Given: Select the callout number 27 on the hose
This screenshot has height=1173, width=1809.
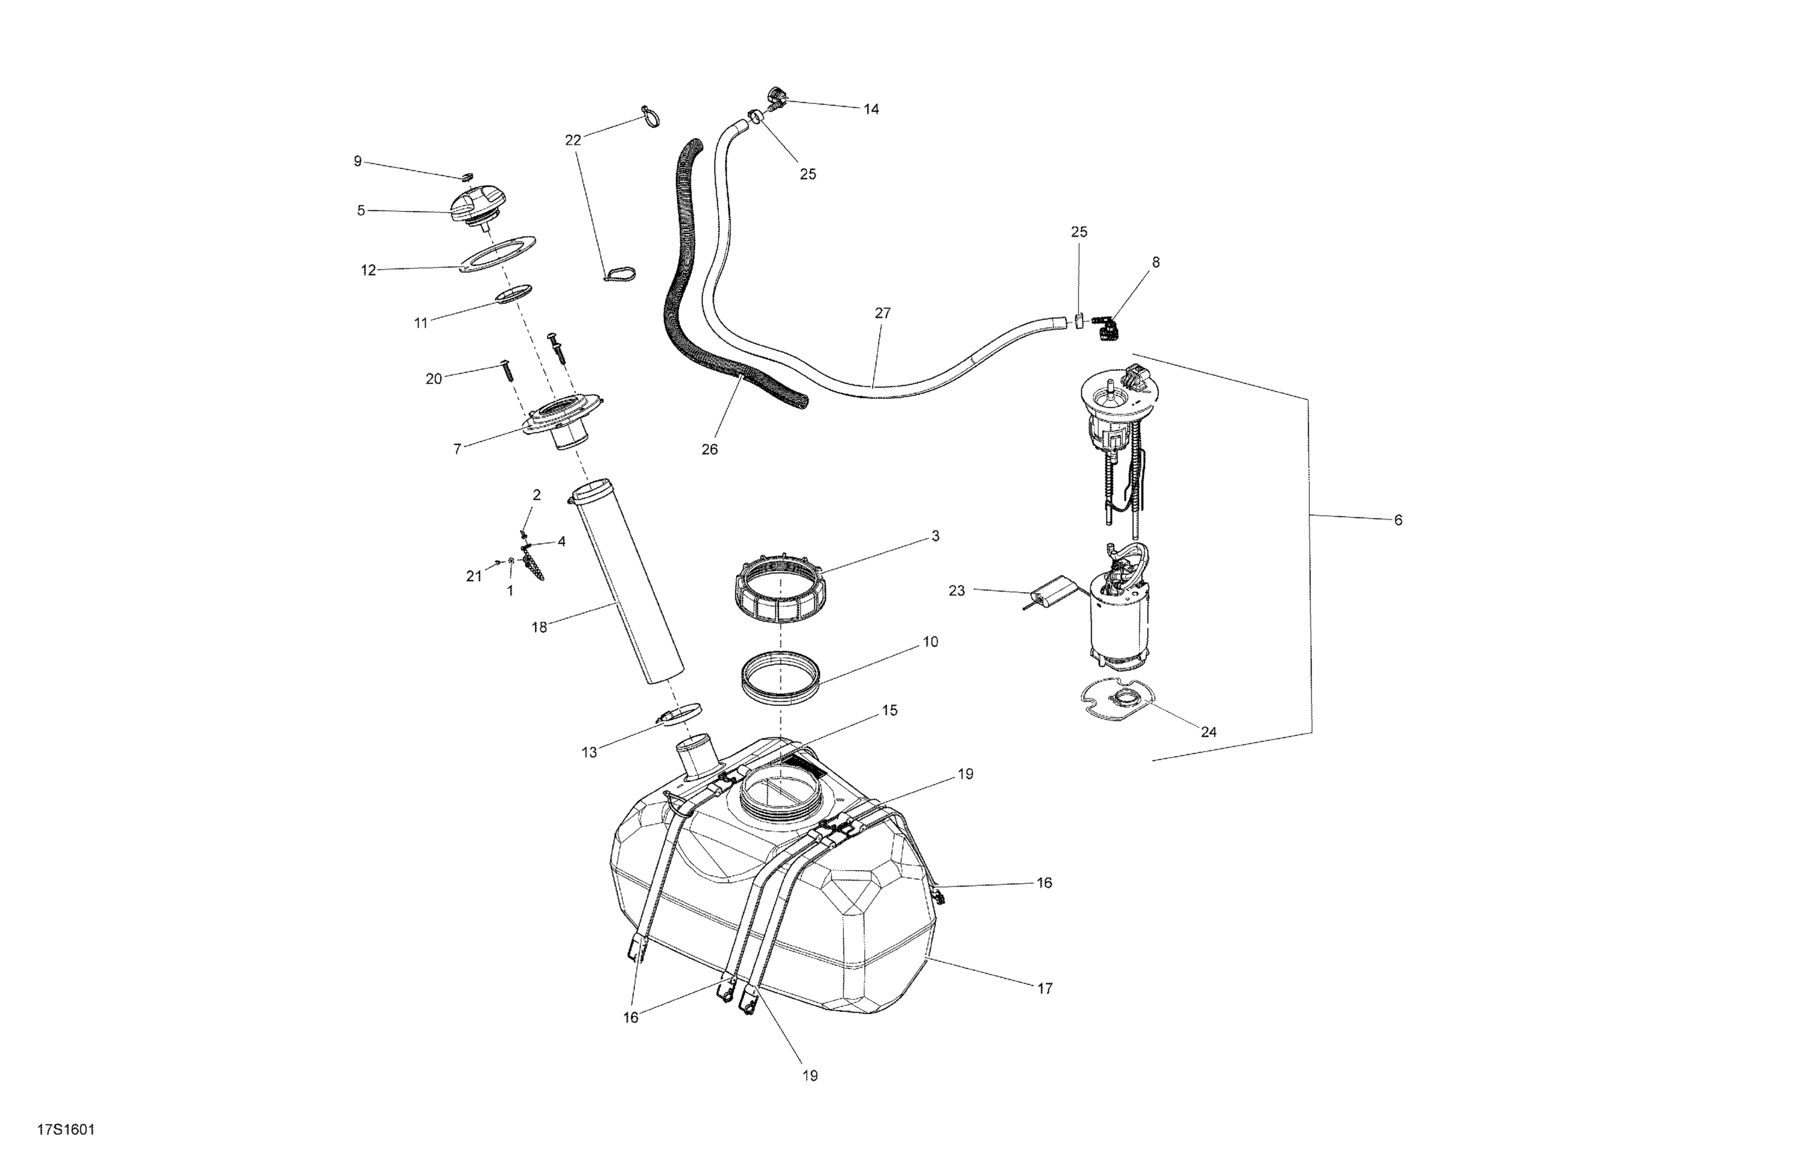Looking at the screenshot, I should click(882, 313).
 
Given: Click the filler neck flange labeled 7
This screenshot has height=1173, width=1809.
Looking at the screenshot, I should click(563, 422).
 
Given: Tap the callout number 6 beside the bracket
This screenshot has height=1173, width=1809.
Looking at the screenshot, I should click(1398, 520).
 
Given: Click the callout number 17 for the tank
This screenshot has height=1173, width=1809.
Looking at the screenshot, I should click(1045, 988).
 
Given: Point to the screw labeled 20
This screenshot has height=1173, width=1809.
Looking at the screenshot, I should click(507, 370).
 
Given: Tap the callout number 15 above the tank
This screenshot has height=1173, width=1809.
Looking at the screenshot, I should click(889, 710).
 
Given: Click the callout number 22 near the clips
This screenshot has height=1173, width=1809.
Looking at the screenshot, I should click(572, 140).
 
